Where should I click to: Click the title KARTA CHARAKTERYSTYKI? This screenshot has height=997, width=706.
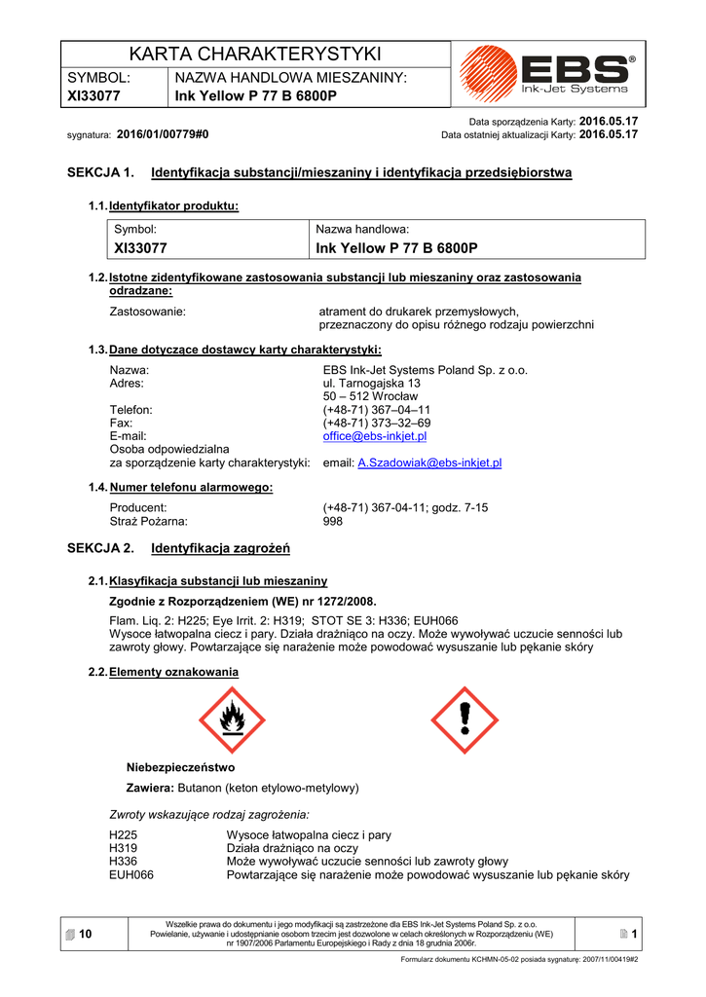click(256, 54)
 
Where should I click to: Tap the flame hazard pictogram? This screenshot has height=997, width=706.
click(232, 720)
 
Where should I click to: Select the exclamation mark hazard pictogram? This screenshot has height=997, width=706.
click(464, 720)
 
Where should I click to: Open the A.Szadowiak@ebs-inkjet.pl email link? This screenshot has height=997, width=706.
click(429, 463)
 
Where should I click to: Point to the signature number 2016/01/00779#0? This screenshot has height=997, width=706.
click(163, 134)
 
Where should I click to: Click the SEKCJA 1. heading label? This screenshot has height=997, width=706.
click(100, 173)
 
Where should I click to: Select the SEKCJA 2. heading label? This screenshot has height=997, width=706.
click(100, 549)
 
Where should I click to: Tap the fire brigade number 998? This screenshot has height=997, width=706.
click(333, 522)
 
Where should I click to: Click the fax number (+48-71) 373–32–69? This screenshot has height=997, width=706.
click(376, 424)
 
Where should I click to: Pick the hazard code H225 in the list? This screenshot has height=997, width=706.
click(124, 835)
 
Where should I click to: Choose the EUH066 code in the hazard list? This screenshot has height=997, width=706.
click(131, 875)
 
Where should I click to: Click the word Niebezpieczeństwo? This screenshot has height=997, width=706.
click(181, 767)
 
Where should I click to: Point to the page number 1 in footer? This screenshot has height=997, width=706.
click(633, 935)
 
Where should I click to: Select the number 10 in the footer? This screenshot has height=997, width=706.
click(85, 935)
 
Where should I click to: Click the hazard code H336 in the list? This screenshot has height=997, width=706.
click(124, 862)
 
